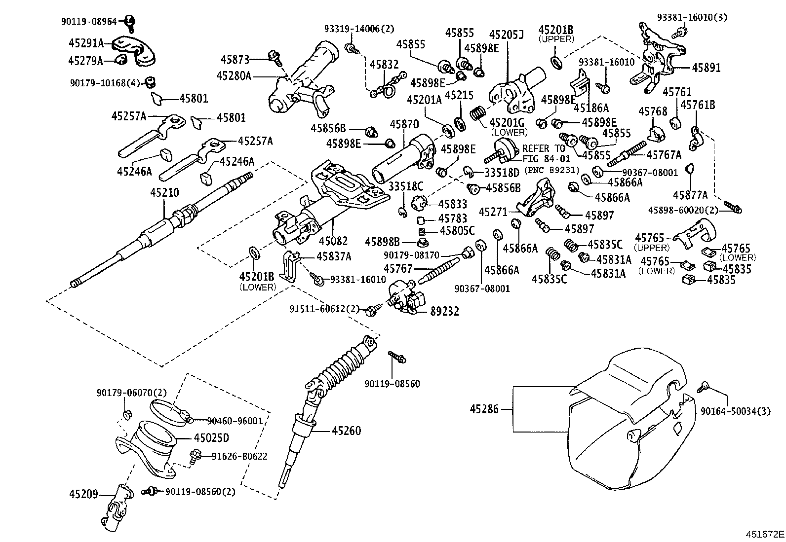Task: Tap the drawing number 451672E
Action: [765, 534]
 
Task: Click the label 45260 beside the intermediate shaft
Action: [346, 431]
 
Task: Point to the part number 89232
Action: [444, 311]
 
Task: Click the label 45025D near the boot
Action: [211, 438]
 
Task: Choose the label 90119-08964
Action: [89, 21]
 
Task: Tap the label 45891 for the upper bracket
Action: [706, 68]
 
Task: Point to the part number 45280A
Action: [234, 76]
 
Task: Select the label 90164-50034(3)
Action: [735, 411]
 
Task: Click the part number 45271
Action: [494, 212]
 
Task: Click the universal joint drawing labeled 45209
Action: [117, 507]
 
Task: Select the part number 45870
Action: [404, 124]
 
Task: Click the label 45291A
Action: [86, 43]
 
